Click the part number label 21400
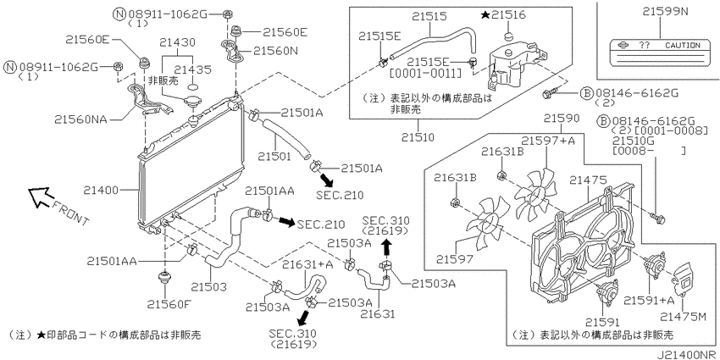(x=101, y=190)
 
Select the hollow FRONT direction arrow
(x=39, y=196)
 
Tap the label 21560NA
(x=80, y=119)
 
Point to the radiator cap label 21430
(x=177, y=42)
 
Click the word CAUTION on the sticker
(x=683, y=46)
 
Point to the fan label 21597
(x=454, y=259)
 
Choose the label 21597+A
(x=548, y=140)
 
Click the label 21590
(x=562, y=118)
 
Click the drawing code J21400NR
(x=686, y=355)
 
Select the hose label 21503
(x=209, y=287)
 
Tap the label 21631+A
(x=307, y=264)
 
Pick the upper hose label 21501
(x=274, y=156)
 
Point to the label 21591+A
(x=649, y=301)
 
